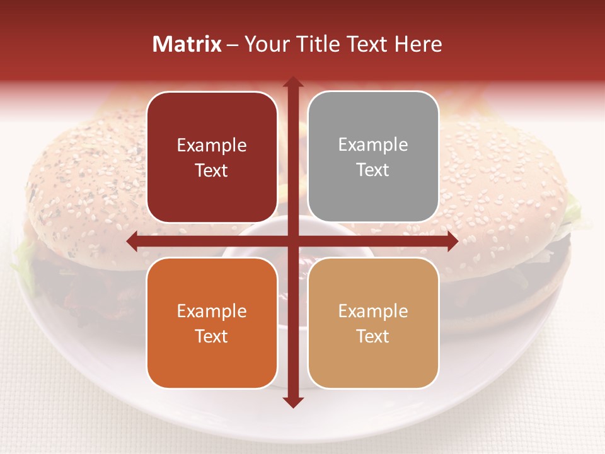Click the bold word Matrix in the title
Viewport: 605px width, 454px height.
pos(187,44)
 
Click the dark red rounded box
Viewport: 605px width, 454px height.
pos(212,157)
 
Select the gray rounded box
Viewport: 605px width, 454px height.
pos(373,157)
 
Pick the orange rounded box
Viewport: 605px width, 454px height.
pos(212,323)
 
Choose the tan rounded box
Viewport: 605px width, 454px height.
pos(373,323)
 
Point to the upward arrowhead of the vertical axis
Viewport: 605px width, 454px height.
pos(292,83)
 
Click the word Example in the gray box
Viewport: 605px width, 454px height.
pos(373,145)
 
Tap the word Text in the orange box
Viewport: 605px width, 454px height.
pos(212,336)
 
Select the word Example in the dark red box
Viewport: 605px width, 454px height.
pos(212,146)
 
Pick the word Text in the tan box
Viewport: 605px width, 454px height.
pos(373,336)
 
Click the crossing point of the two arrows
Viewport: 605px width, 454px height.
pos(292,241)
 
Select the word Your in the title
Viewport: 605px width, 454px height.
pos(264,44)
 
